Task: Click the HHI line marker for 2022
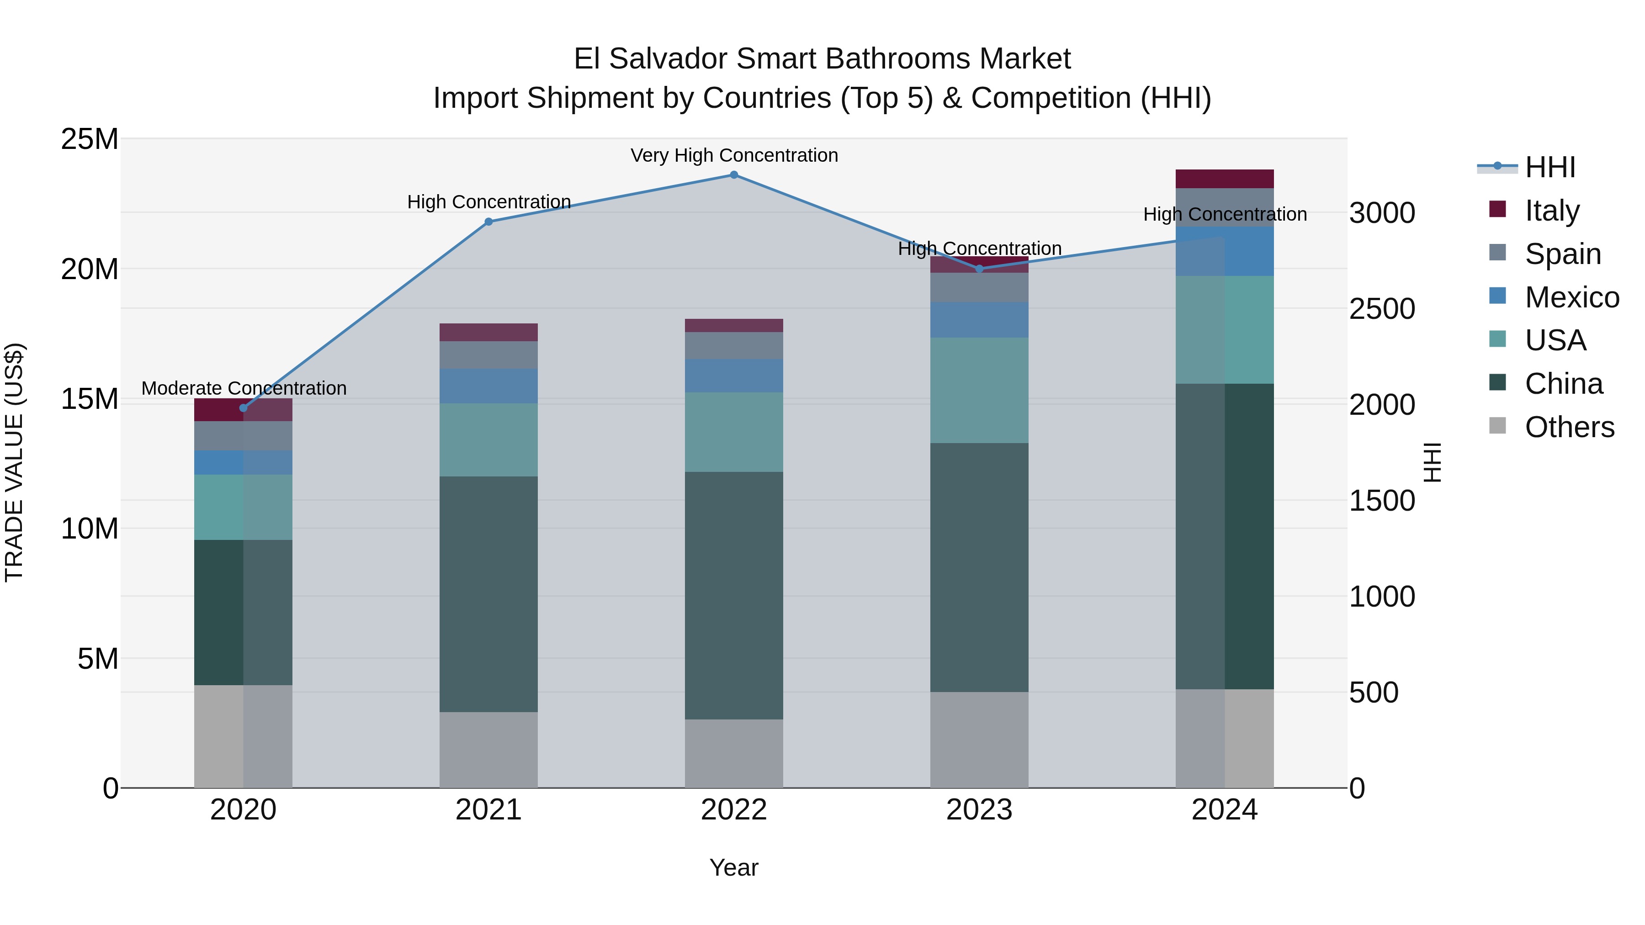coord(734,175)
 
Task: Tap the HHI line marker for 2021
coord(488,222)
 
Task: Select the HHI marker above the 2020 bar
coord(243,408)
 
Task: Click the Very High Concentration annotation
coord(734,155)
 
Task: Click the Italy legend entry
coord(1552,210)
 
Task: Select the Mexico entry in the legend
coord(1571,297)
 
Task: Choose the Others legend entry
coord(1569,427)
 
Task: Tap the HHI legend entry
coord(1550,167)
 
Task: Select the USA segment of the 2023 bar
coord(979,390)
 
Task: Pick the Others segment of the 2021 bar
coord(488,750)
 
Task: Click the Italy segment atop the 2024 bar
coord(1224,179)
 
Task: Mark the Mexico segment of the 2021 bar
coord(488,386)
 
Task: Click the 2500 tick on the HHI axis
coord(1382,309)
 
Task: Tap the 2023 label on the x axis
coord(979,810)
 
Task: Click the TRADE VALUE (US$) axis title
coord(14,462)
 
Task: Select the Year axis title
coord(734,867)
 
